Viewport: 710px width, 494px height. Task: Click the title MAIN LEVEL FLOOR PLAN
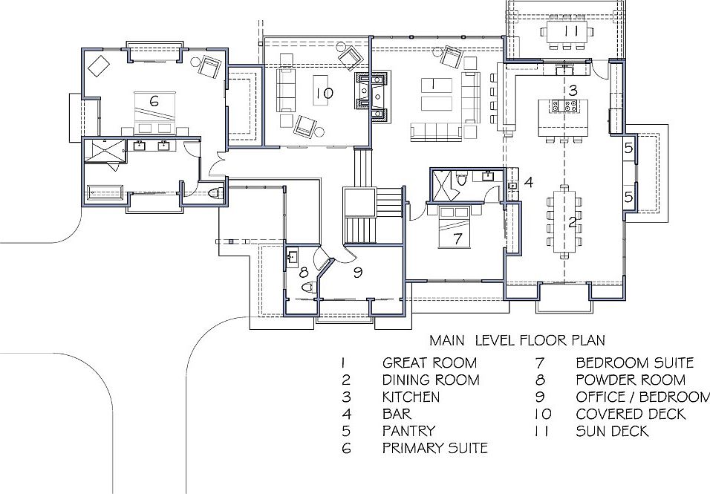point(517,340)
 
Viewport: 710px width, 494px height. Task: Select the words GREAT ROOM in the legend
point(429,363)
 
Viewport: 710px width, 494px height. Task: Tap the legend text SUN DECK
point(612,431)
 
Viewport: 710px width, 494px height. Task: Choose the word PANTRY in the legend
point(408,431)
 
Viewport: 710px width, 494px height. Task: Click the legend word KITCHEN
point(411,397)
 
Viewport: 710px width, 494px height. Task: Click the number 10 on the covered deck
point(324,93)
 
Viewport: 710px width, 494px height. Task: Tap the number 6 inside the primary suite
point(154,101)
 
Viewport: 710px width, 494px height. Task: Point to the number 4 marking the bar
point(528,181)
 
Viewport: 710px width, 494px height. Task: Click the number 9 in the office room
point(357,273)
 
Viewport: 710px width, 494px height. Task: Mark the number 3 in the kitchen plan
point(573,90)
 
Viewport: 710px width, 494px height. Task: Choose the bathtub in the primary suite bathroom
point(103,192)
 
